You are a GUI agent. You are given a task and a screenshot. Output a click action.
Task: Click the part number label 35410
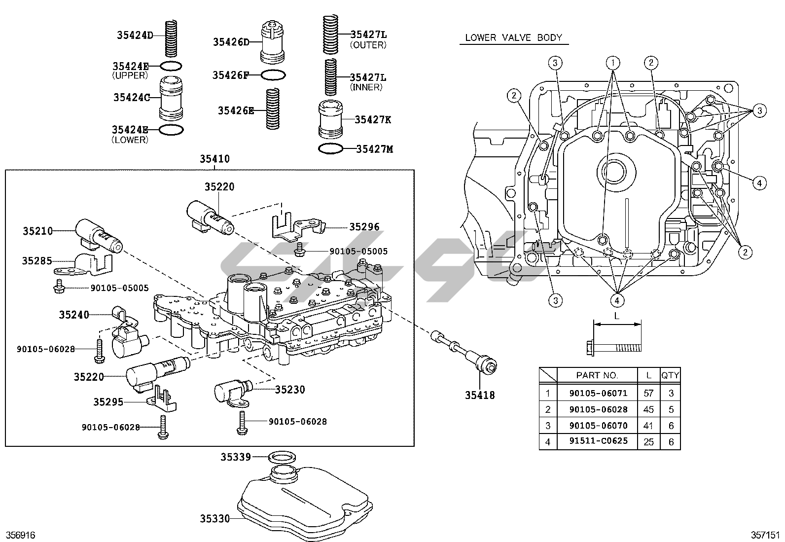[214, 159]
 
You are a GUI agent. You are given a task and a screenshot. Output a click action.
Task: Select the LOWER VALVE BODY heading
[513, 38]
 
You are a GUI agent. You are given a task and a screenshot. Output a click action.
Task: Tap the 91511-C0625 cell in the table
[598, 441]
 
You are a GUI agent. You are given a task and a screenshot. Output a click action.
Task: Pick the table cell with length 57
[648, 393]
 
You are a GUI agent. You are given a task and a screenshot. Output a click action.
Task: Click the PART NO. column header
[597, 375]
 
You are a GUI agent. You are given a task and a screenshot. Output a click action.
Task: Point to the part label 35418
[480, 395]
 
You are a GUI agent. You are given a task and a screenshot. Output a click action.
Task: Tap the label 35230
[290, 390]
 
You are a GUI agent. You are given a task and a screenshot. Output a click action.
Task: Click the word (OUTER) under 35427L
[368, 45]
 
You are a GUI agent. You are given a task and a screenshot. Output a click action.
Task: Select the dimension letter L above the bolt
[617, 316]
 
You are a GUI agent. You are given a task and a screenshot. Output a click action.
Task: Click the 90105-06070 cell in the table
[598, 425]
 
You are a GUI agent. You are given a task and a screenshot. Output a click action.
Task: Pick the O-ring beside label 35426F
[273, 75]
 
